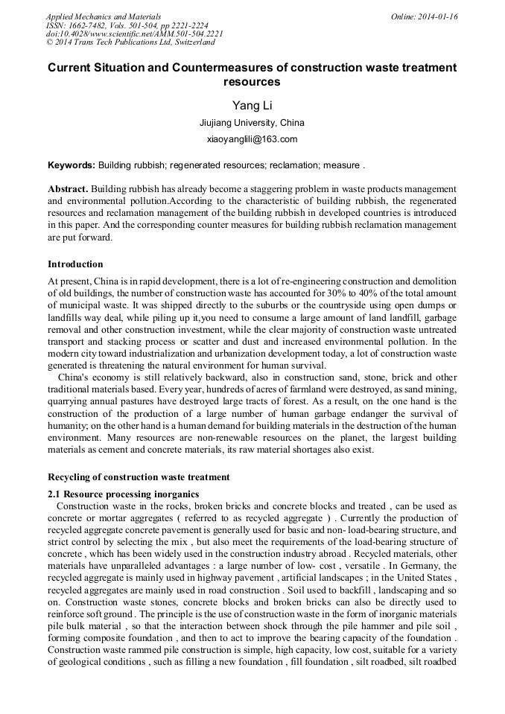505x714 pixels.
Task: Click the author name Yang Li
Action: pyautogui.click(x=252, y=105)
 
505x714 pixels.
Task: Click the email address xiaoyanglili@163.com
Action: pyautogui.click(x=252, y=139)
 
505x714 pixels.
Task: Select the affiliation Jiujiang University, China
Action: pyautogui.click(x=252, y=123)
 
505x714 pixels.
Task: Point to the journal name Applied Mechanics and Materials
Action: pyautogui.click(x=104, y=16)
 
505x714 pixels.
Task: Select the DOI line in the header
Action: pyautogui.click(x=134, y=34)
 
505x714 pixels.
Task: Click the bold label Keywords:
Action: pyautogui.click(x=72, y=165)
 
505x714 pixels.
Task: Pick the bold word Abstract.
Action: pyautogui.click(x=68, y=189)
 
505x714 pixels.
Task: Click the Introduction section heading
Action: pyautogui.click(x=75, y=264)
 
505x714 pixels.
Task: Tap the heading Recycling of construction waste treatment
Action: pyautogui.click(x=139, y=476)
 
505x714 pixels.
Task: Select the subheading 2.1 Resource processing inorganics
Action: pyautogui.click(x=124, y=494)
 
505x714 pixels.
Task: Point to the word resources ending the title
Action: pyautogui.click(x=252, y=82)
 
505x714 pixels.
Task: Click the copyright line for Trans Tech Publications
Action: pyautogui.click(x=130, y=42)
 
